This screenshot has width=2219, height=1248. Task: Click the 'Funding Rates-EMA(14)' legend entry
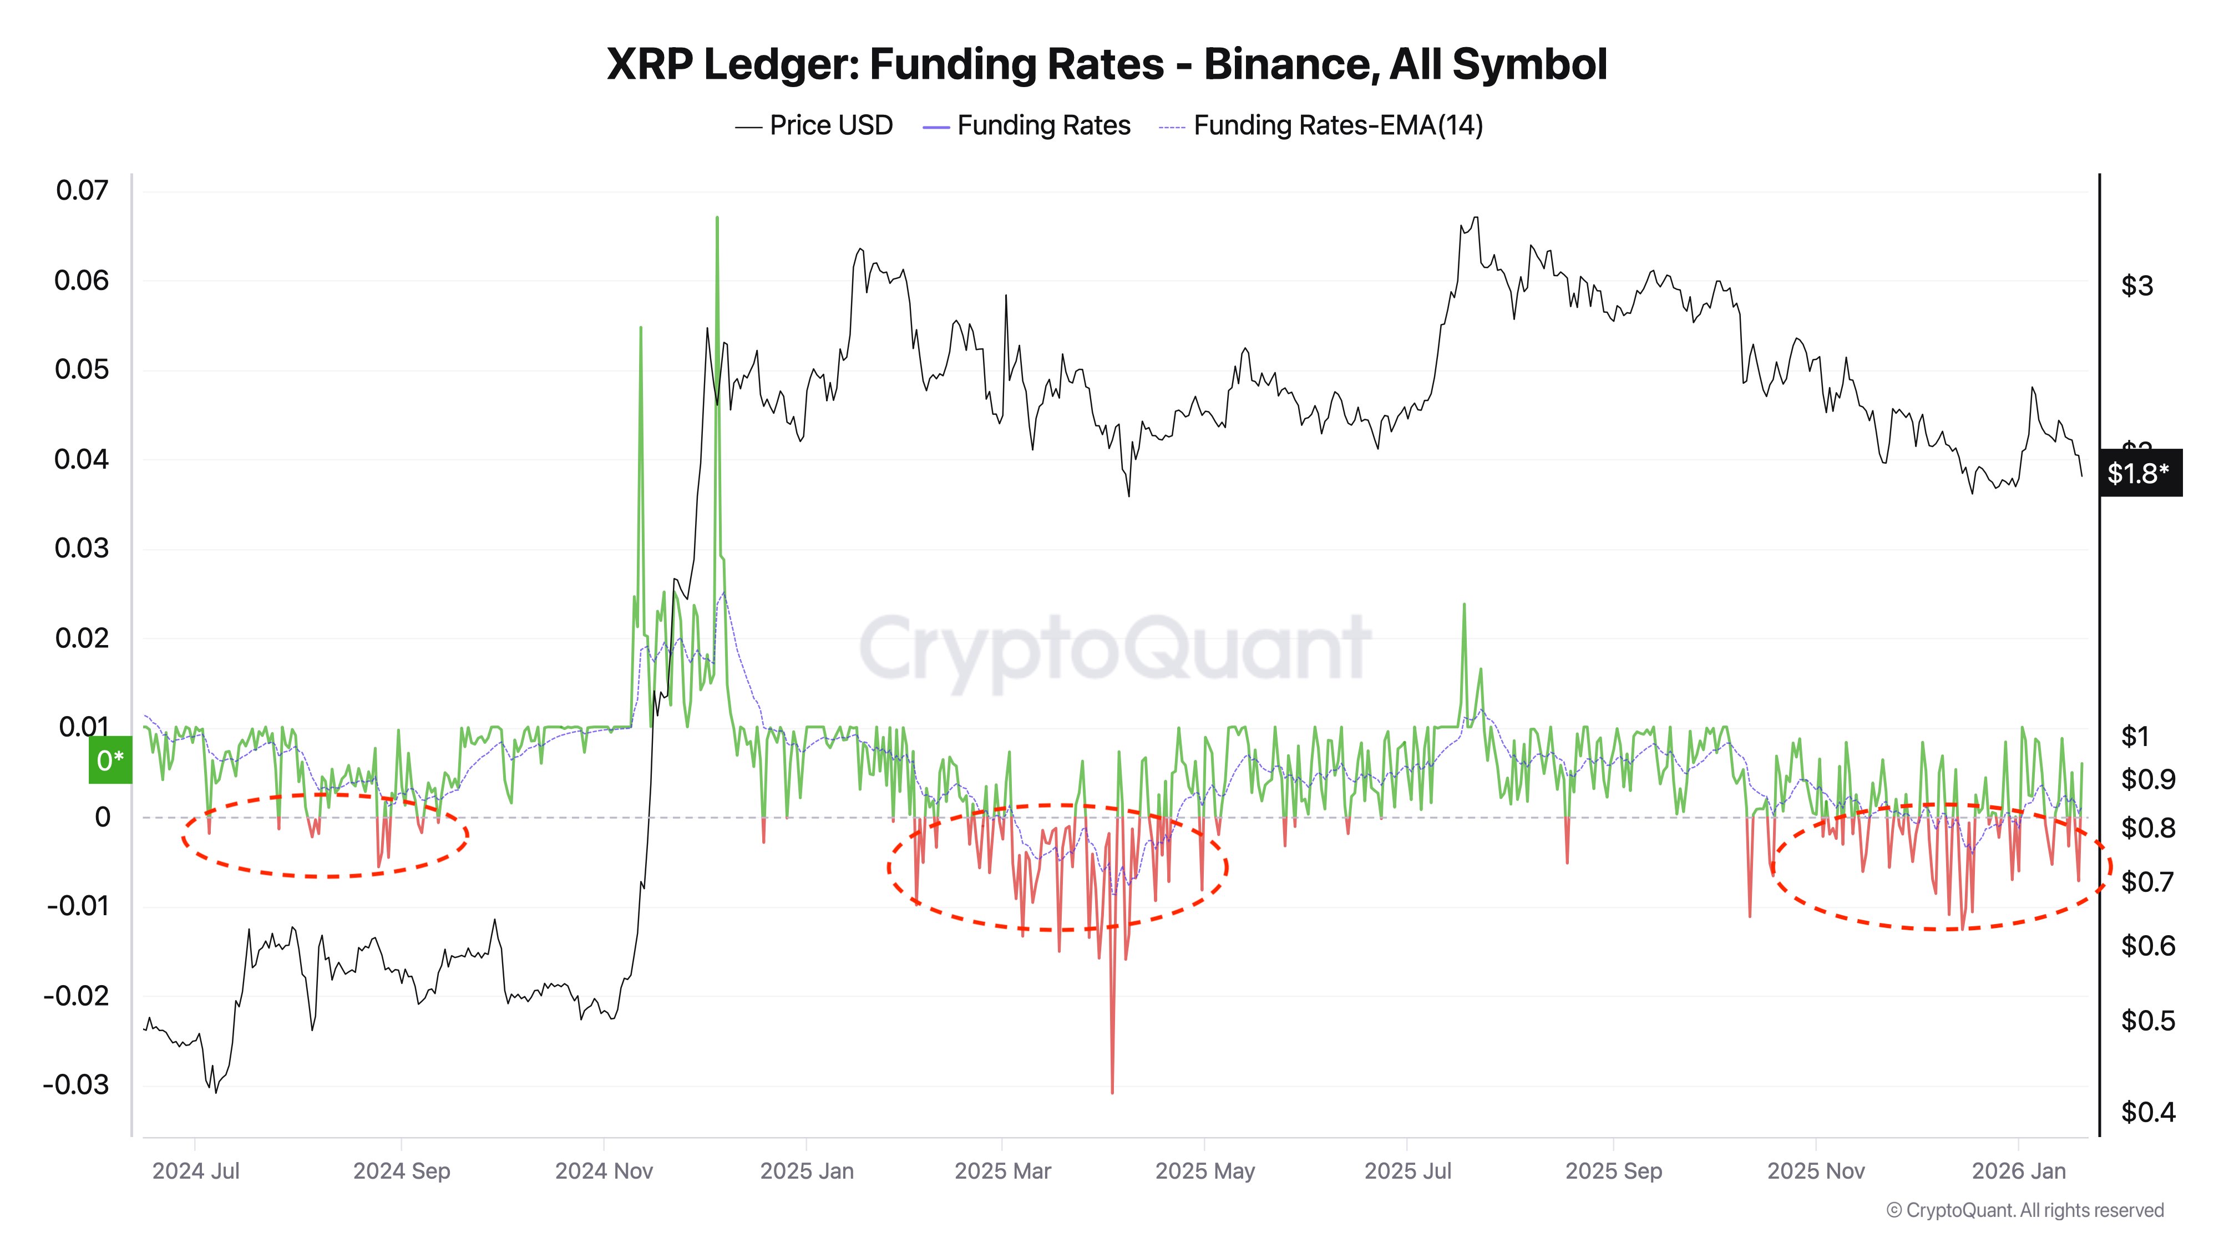pos(1337,126)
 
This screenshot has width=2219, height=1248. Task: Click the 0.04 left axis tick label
pos(83,459)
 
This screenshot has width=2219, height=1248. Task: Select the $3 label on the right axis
pos(2137,286)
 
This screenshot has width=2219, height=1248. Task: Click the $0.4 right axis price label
pos(2147,1113)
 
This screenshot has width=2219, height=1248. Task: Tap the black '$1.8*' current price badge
pos(2139,473)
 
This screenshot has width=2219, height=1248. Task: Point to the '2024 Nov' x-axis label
pos(604,1171)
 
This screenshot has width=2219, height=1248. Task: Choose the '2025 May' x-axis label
pos(1204,1171)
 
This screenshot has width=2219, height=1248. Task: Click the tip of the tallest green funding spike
pos(717,219)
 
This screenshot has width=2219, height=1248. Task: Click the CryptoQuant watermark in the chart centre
pos(1114,648)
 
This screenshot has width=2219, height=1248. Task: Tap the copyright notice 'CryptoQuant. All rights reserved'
pos(2024,1210)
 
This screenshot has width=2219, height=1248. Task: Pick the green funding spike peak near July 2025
pos(1463,606)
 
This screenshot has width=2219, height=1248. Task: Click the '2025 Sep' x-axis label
pos(1613,1171)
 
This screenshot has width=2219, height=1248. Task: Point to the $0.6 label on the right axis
pos(2147,947)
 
